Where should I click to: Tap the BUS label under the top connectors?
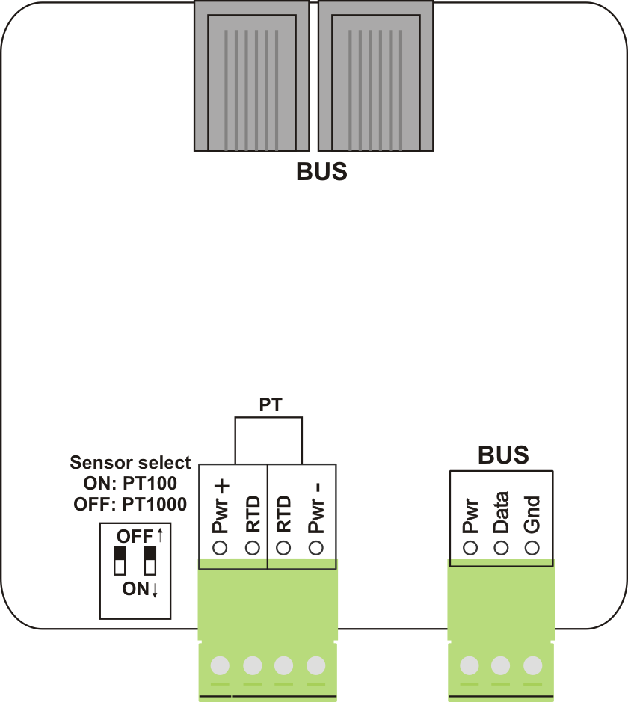click(321, 173)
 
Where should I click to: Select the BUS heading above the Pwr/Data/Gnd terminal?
click(503, 455)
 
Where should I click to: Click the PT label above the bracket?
click(270, 406)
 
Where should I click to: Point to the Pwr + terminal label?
click(221, 508)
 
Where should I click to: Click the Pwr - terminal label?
click(315, 508)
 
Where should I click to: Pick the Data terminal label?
click(501, 512)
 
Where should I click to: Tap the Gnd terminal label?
click(532, 515)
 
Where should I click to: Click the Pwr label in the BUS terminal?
click(470, 516)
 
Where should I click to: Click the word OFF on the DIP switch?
click(134, 536)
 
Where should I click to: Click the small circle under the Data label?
click(501, 548)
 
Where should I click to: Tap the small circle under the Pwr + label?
click(221, 548)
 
